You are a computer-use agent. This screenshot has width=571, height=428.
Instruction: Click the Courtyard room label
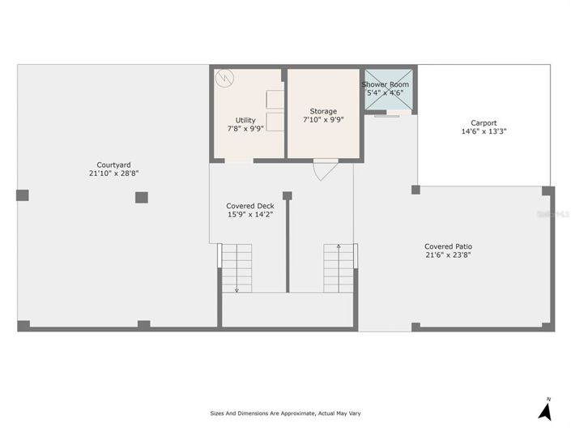coord(113,165)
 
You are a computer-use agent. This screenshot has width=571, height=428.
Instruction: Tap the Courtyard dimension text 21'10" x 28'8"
coord(113,173)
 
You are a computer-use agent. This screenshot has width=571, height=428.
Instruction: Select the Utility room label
coord(245,120)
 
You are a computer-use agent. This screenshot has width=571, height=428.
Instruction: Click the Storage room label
coord(323,111)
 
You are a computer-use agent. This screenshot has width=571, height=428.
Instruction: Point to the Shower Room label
coord(385,84)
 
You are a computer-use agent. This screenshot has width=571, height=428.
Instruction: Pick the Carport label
coord(484,123)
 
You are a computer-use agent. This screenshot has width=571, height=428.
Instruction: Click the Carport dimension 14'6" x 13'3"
coord(484,131)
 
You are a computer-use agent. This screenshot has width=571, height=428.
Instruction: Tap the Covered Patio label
coord(448,246)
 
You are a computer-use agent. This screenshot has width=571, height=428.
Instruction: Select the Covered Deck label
coord(250,206)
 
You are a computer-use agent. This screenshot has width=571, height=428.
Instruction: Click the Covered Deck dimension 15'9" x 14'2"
coord(250,214)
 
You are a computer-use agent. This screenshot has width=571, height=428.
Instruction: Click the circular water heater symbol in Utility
coord(224,78)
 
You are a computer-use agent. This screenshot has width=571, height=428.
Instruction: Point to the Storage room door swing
coord(326,170)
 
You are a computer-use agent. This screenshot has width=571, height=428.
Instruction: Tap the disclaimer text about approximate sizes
coord(285,413)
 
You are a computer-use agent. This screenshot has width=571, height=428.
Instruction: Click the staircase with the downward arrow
coord(236,268)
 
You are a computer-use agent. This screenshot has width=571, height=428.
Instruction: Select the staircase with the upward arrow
coord(339,268)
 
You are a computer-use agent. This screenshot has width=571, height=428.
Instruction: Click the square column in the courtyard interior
coord(142,198)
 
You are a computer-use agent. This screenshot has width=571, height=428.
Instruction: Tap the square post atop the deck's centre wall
coord(288,196)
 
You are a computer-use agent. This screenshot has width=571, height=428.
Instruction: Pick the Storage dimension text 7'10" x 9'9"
coord(323,120)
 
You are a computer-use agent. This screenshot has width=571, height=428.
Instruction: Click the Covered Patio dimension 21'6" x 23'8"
coord(448,255)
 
